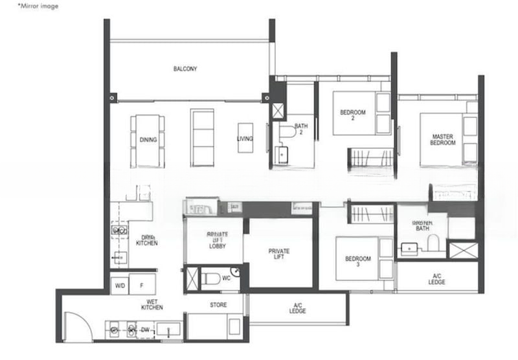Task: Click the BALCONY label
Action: coord(185,69)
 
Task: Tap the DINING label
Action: coord(148,139)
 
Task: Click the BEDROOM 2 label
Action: coord(353,115)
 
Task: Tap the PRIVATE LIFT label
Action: coord(278,254)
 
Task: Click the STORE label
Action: coord(218,304)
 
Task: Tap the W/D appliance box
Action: coord(120,285)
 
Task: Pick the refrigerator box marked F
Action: coord(142,285)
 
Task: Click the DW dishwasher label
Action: coord(146,329)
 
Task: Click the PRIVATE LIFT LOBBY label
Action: coord(216,239)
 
